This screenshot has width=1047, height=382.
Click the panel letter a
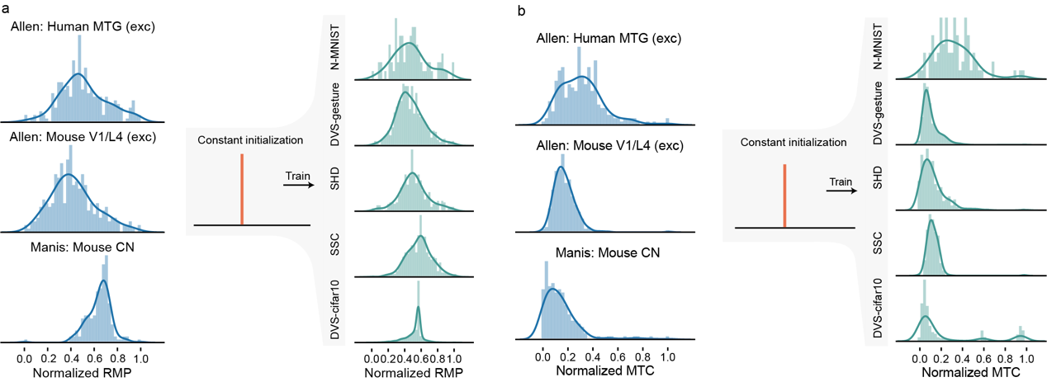tap(6, 8)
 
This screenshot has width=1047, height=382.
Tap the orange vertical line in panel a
tap(242, 188)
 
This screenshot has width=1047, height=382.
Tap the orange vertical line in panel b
tap(784, 195)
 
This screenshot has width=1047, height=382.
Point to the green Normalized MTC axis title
tap(964, 373)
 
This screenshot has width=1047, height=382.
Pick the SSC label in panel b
tap(880, 245)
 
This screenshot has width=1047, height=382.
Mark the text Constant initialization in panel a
tap(244, 140)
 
